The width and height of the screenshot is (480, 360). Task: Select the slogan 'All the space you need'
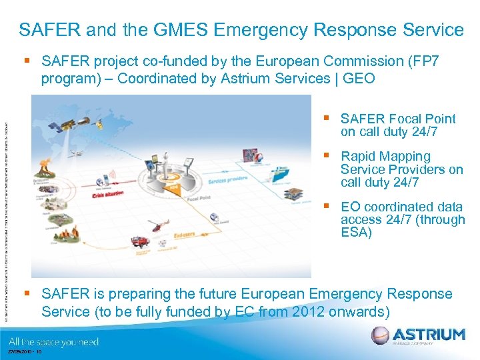(54, 341)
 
